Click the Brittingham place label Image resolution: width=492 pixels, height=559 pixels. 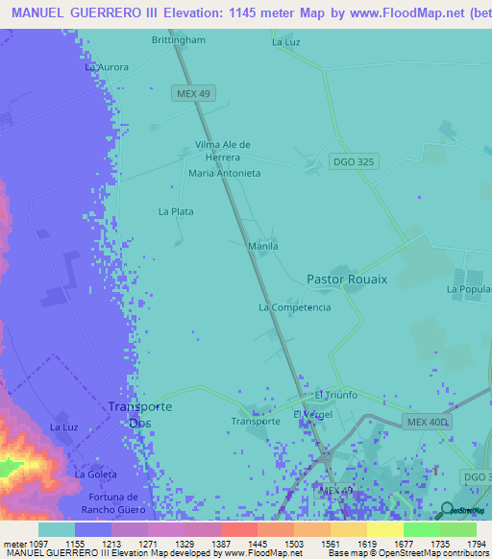coord(179,40)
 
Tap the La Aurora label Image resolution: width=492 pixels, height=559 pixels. coord(106,67)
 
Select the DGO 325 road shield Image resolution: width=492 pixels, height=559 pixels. coord(353,161)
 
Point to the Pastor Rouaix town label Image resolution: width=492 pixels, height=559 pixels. coord(347,279)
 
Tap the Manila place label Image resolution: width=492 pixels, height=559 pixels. coord(263,246)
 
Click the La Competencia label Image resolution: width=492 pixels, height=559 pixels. coord(294,307)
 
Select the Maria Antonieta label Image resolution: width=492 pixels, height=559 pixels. coord(224,173)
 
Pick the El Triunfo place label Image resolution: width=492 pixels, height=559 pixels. coord(336,395)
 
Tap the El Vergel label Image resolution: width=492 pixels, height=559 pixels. coord(311,414)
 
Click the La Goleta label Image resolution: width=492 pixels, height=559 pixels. coord(95,474)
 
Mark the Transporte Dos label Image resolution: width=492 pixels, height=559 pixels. coord(139,414)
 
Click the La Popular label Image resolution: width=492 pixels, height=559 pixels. coord(469,288)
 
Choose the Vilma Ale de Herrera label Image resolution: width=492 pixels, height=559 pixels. coord(223,151)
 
